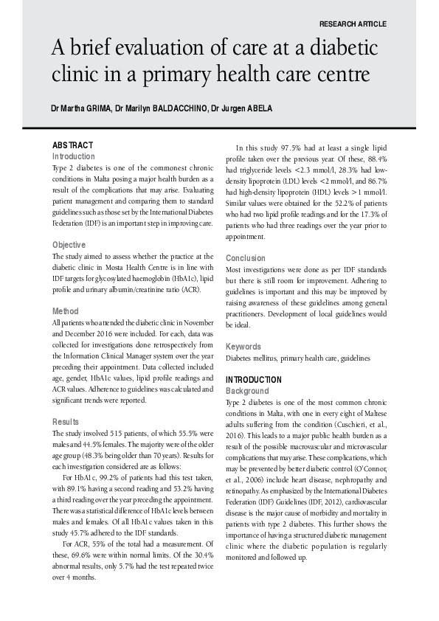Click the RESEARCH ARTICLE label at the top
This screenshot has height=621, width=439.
point(353,24)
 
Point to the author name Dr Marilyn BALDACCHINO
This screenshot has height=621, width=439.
point(159,108)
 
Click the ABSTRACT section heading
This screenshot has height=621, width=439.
point(72,145)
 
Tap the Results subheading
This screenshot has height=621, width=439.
point(66,422)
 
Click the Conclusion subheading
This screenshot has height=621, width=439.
point(246,258)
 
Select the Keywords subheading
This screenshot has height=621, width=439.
point(243,346)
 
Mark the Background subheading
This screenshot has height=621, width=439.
point(247,391)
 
